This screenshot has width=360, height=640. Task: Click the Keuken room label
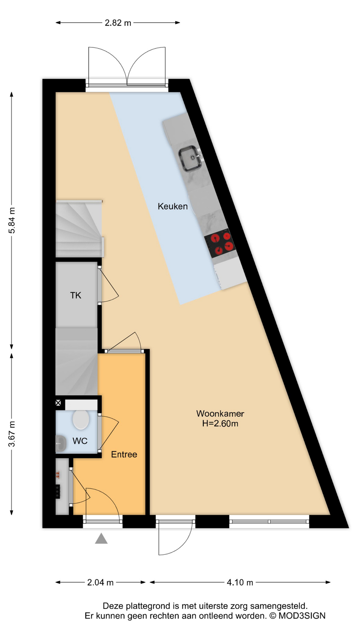(172, 206)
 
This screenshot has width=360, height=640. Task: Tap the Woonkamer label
(220, 414)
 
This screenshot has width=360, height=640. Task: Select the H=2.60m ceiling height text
(220, 424)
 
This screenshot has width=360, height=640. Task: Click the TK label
(76, 295)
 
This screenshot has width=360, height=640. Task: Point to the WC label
(80, 441)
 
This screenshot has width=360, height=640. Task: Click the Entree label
(124, 454)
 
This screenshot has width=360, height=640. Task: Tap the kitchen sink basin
(191, 158)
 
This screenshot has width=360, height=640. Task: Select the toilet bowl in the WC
(81, 420)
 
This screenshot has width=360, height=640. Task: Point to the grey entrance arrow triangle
(101, 538)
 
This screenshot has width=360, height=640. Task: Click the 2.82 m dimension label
(118, 23)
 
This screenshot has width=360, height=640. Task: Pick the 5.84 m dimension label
(12, 220)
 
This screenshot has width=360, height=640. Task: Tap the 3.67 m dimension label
(12, 434)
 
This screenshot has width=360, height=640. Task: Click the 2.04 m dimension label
(100, 582)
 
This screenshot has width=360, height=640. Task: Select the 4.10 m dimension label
(240, 582)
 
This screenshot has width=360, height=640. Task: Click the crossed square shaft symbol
(58, 403)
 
